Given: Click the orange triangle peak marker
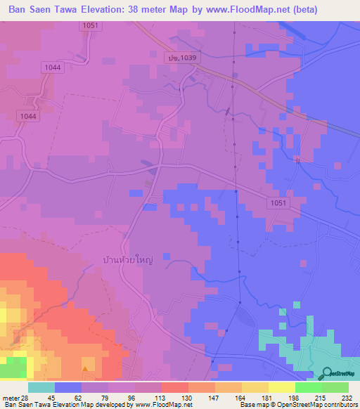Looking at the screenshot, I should (x=86, y=368).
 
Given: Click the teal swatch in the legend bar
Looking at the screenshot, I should (x=41, y=387).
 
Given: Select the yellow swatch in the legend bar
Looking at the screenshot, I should (x=281, y=387).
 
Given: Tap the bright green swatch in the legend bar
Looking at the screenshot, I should (x=308, y=387).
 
